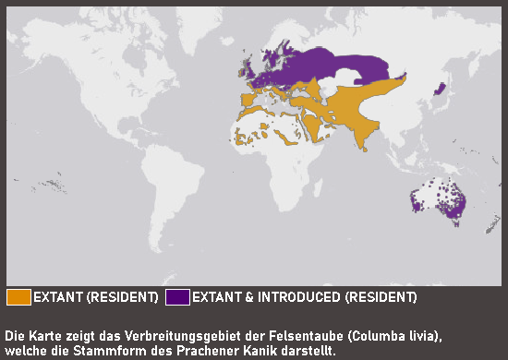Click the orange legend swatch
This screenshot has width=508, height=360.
point(18,297)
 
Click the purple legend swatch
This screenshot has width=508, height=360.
point(177,297)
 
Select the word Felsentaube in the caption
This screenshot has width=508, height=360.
point(255,334)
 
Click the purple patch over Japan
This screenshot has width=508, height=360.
point(441,89)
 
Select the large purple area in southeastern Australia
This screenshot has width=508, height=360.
point(454,209)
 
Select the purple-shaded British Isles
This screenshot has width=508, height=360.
point(247,71)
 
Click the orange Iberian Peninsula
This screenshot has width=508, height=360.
point(247,97)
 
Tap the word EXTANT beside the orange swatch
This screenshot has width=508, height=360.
point(58,297)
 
